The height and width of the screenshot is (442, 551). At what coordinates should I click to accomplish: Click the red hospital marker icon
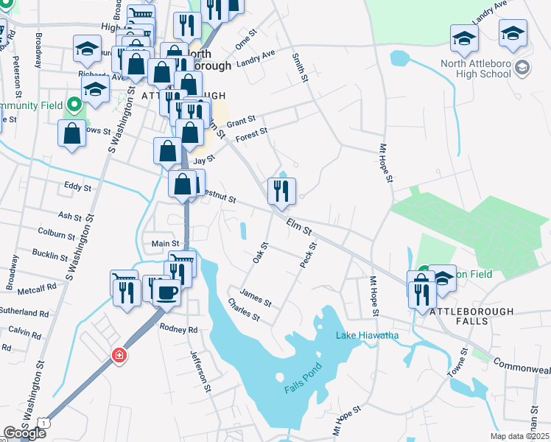click(119, 356)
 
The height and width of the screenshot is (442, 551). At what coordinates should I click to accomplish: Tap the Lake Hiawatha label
click(368, 336)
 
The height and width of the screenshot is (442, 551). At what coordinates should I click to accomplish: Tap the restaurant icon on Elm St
click(281, 191)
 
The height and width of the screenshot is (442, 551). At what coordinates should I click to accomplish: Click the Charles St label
click(244, 309)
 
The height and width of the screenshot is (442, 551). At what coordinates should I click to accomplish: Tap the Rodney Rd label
click(179, 329)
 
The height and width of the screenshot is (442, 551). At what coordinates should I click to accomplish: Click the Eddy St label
click(77, 187)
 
